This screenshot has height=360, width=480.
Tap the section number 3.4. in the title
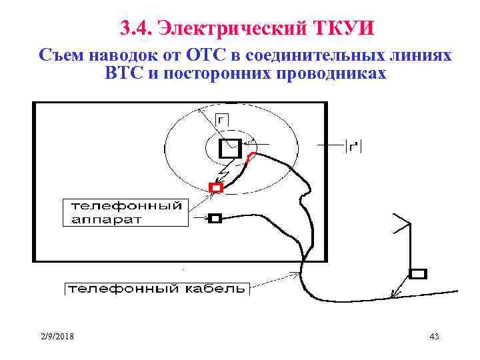click(137, 28)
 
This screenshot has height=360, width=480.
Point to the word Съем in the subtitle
click(63, 56)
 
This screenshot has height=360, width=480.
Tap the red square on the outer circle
click(215, 187)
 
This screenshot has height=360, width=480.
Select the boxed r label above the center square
click(221, 119)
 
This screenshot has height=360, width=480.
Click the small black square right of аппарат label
click(215, 218)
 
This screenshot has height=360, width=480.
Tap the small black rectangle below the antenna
click(418, 273)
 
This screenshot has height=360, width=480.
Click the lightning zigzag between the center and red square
click(225, 175)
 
